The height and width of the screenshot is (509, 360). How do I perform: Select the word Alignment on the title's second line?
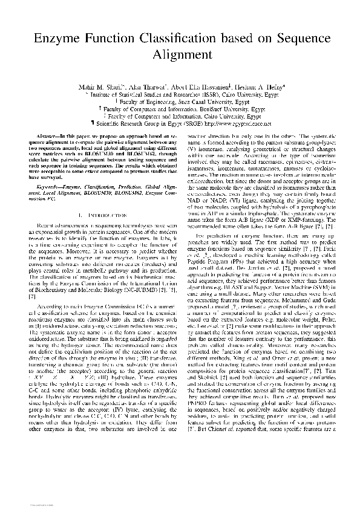[180, 56]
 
